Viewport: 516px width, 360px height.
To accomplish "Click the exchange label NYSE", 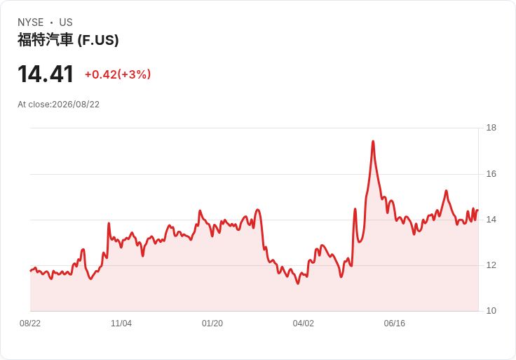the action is (31, 22).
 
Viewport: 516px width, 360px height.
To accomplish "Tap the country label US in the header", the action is (66, 22).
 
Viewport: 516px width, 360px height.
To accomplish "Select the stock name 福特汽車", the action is (45, 40).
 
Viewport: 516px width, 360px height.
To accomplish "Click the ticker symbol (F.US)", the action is (98, 41).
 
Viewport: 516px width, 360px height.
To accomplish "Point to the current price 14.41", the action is (46, 74).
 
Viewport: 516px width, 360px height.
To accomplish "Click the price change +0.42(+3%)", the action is (118, 74).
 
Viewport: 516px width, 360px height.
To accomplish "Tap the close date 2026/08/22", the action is (76, 105).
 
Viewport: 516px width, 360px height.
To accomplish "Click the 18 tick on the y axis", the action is (491, 128).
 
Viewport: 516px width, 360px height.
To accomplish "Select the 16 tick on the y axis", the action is (491, 174).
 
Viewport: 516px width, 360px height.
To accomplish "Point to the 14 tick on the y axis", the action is (491, 220).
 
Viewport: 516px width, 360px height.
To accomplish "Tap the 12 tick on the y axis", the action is (491, 265).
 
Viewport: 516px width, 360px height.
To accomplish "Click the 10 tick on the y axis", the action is (491, 311).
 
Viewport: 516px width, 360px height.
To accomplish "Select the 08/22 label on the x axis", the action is (30, 324).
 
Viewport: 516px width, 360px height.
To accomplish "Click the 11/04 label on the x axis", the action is (121, 324).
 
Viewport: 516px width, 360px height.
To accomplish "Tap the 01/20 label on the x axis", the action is (212, 324).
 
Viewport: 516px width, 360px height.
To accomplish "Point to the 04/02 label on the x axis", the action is (303, 324).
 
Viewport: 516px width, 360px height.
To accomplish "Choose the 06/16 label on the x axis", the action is (394, 324).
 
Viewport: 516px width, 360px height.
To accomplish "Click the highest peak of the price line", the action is (373, 141).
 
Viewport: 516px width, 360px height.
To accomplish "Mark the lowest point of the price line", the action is (298, 284).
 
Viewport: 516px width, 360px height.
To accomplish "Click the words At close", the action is (34, 105).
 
